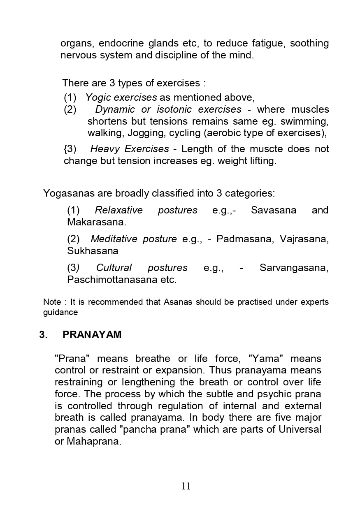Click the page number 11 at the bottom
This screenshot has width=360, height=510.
click(x=186, y=486)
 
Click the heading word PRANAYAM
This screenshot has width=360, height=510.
click(x=92, y=335)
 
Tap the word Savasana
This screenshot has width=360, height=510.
click(x=273, y=210)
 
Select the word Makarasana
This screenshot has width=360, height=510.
click(x=96, y=223)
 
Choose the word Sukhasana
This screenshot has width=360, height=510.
click(x=93, y=251)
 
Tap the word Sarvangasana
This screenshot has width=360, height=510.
click(x=294, y=268)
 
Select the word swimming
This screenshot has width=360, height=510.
click(x=304, y=121)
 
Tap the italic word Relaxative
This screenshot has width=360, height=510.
click(x=118, y=210)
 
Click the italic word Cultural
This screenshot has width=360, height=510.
click(x=114, y=268)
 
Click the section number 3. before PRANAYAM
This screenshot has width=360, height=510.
click(x=43, y=335)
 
